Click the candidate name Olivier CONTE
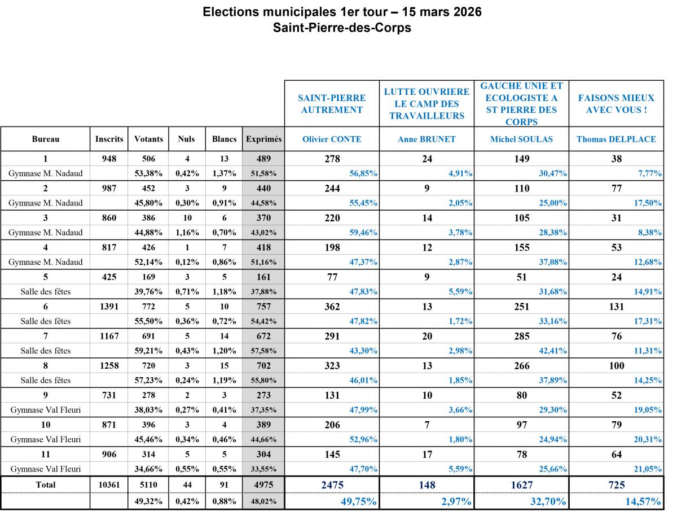click(332, 139)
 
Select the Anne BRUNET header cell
click(427, 139)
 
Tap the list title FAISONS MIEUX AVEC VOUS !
click(616, 104)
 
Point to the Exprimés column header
click(263, 139)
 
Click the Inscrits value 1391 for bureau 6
click(109, 307)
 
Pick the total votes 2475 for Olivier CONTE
click(332, 484)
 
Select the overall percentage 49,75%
click(358, 501)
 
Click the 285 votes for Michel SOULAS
click(522, 336)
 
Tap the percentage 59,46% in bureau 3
click(363, 232)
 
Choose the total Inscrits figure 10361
click(109, 484)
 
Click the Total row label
click(46, 484)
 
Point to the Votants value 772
click(149, 307)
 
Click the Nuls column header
click(186, 139)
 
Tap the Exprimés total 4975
click(263, 484)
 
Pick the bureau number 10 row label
click(46, 425)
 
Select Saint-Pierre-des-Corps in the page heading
click(342, 28)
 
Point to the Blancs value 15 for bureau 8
click(224, 365)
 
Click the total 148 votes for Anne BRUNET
click(427, 484)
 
